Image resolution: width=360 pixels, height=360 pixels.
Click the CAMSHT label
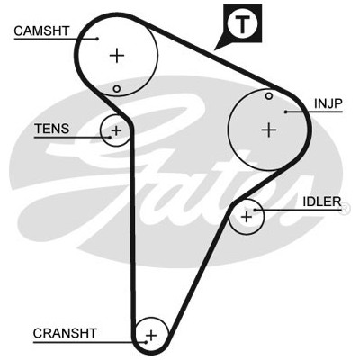tap(41, 31)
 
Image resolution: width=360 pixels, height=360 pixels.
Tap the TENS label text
tap(52, 129)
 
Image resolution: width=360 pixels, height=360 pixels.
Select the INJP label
tap(328, 103)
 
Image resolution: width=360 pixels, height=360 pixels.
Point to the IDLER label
tap(322, 202)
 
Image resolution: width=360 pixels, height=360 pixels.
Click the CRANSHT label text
tap(65, 333)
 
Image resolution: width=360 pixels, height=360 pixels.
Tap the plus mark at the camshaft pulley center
tap(117, 56)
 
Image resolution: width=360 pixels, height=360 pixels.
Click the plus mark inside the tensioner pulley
tap(116, 130)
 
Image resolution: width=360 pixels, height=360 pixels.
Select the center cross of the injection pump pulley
tap(269, 130)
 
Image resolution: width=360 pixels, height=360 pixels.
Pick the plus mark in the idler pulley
tap(247, 217)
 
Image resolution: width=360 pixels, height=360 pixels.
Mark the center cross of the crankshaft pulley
tap(151, 336)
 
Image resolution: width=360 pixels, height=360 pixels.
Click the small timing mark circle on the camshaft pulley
tap(117, 89)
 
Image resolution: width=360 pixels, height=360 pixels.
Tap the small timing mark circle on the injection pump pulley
tap(269, 96)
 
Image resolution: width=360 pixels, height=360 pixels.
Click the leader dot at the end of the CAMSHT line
tap(97, 39)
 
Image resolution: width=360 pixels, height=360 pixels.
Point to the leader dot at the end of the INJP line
tap(286, 112)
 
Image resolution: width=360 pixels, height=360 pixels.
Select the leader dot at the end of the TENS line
tap(110, 138)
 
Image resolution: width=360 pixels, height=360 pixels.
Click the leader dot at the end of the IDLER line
tap(255, 210)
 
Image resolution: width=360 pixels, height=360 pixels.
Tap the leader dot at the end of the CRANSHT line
tap(146, 342)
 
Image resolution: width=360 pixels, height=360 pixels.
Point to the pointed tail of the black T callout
tap(215, 49)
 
